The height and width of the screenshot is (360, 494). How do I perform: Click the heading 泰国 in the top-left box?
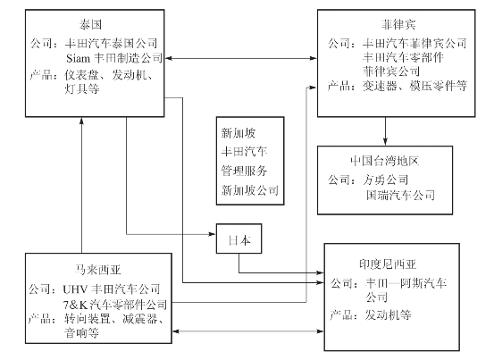click(91, 24)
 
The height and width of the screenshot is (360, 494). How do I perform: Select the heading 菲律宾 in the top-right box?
click(398, 24)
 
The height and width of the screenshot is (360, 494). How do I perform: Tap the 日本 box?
click(239, 239)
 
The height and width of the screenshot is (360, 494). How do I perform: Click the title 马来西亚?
click(97, 270)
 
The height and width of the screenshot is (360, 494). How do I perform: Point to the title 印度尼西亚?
click(388, 264)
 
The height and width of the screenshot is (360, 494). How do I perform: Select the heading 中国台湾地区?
click(384, 161)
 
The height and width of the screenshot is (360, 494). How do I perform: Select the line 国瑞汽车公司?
click(400, 196)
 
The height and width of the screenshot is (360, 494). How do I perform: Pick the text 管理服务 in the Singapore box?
click(244, 171)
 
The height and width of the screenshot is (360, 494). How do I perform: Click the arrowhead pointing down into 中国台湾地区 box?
click(385, 142)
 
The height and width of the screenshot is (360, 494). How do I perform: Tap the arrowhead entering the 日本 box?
click(212, 234)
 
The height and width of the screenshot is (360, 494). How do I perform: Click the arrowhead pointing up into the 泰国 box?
click(81, 121)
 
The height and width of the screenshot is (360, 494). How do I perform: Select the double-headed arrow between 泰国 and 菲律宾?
click(240, 58)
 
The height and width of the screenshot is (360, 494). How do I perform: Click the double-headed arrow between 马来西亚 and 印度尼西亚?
click(248, 331)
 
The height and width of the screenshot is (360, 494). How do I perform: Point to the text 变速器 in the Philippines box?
click(380, 86)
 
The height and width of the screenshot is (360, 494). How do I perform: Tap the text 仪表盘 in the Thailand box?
click(82, 75)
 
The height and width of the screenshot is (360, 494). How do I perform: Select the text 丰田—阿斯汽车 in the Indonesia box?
click(406, 283)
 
